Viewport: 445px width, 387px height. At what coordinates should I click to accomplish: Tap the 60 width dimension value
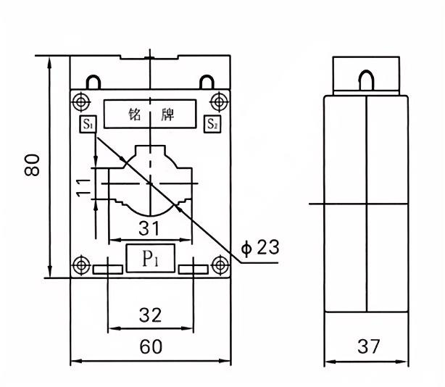[x=150, y=347]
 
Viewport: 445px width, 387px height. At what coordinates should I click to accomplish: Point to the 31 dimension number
[x=149, y=228]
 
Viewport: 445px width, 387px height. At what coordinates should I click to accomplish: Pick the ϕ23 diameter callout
[x=259, y=248]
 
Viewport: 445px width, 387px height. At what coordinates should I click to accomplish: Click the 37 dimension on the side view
[x=367, y=347]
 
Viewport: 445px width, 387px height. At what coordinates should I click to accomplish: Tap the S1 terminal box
[x=88, y=124]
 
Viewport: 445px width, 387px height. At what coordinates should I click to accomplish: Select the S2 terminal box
[x=212, y=124]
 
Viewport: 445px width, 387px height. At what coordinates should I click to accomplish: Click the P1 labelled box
[x=150, y=259]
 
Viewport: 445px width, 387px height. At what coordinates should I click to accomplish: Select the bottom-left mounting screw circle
[x=80, y=265]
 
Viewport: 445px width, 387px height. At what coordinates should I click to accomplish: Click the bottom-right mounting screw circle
[x=219, y=265]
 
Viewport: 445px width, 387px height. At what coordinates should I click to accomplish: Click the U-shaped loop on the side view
[x=367, y=78]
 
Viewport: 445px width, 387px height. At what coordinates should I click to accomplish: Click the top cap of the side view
[x=367, y=73]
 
